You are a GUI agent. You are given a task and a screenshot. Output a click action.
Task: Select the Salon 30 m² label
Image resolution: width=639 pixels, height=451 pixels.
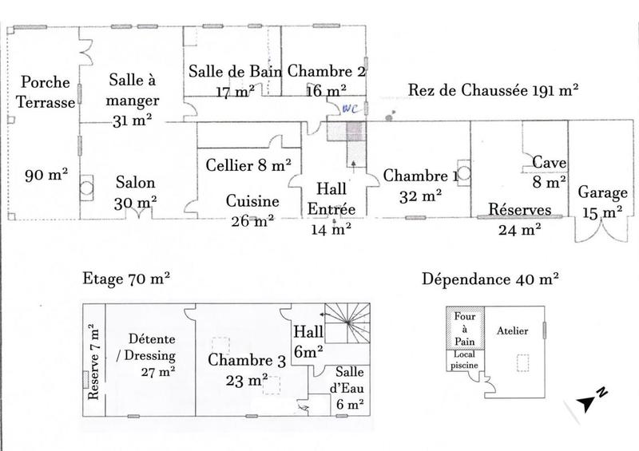click(x=135, y=192)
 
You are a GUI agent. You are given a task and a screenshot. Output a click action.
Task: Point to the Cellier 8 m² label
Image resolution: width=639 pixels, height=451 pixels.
click(x=248, y=166)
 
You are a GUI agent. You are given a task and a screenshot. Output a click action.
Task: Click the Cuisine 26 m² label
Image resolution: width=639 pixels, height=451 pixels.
click(x=252, y=209)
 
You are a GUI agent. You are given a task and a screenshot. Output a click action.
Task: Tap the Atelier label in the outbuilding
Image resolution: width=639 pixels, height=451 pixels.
click(x=513, y=331)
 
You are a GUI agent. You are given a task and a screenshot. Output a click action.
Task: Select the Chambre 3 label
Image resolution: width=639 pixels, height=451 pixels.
click(x=247, y=369)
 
